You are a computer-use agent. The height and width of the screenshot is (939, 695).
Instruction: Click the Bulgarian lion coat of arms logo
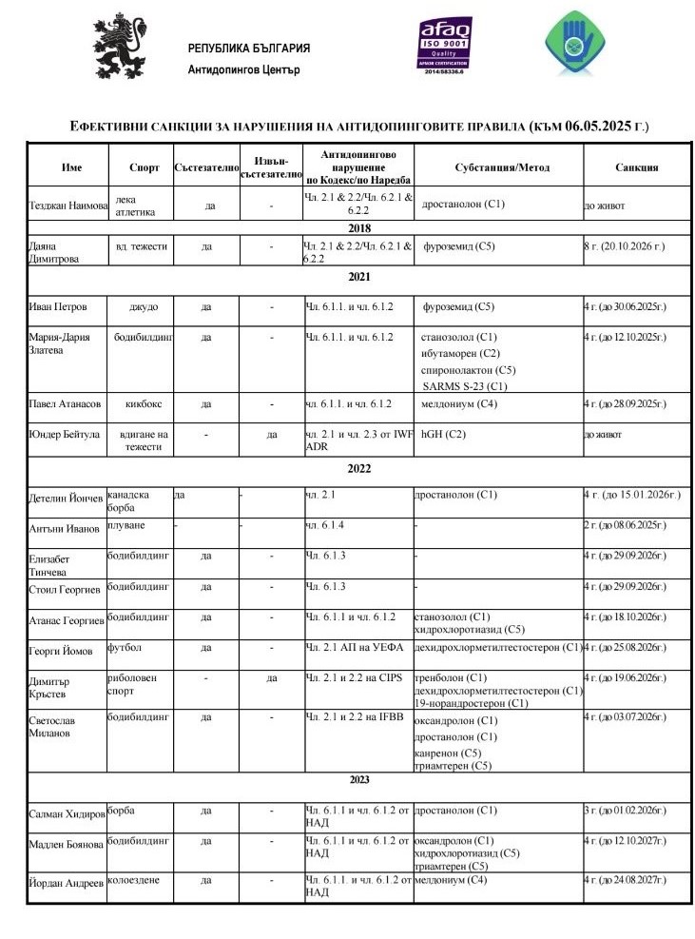[x=120, y=49]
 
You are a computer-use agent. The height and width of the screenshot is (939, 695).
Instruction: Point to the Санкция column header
[x=636, y=167]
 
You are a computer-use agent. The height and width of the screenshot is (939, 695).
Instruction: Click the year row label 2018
[x=359, y=228]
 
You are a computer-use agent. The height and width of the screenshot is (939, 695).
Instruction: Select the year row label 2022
[x=359, y=469]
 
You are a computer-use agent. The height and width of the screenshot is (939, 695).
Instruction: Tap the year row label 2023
[x=359, y=780]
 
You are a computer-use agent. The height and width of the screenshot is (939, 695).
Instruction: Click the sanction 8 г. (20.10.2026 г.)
[x=624, y=246]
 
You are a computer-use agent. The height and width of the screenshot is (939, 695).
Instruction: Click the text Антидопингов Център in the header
[x=244, y=69]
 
